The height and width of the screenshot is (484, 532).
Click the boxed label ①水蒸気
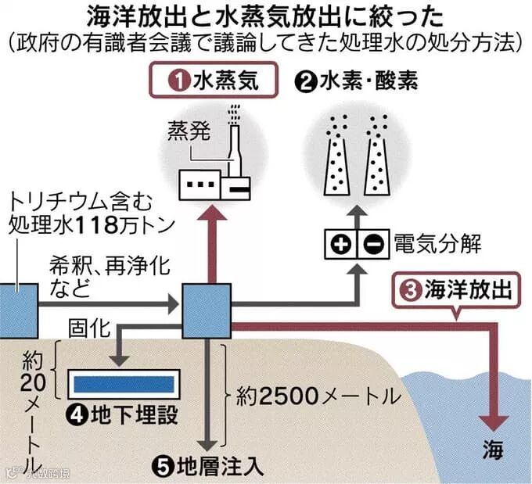pyautogui.click(x=213, y=81)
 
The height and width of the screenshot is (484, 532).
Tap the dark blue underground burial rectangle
pyautogui.click(x=124, y=384)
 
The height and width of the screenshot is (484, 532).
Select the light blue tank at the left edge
pyautogui.click(x=17, y=307)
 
